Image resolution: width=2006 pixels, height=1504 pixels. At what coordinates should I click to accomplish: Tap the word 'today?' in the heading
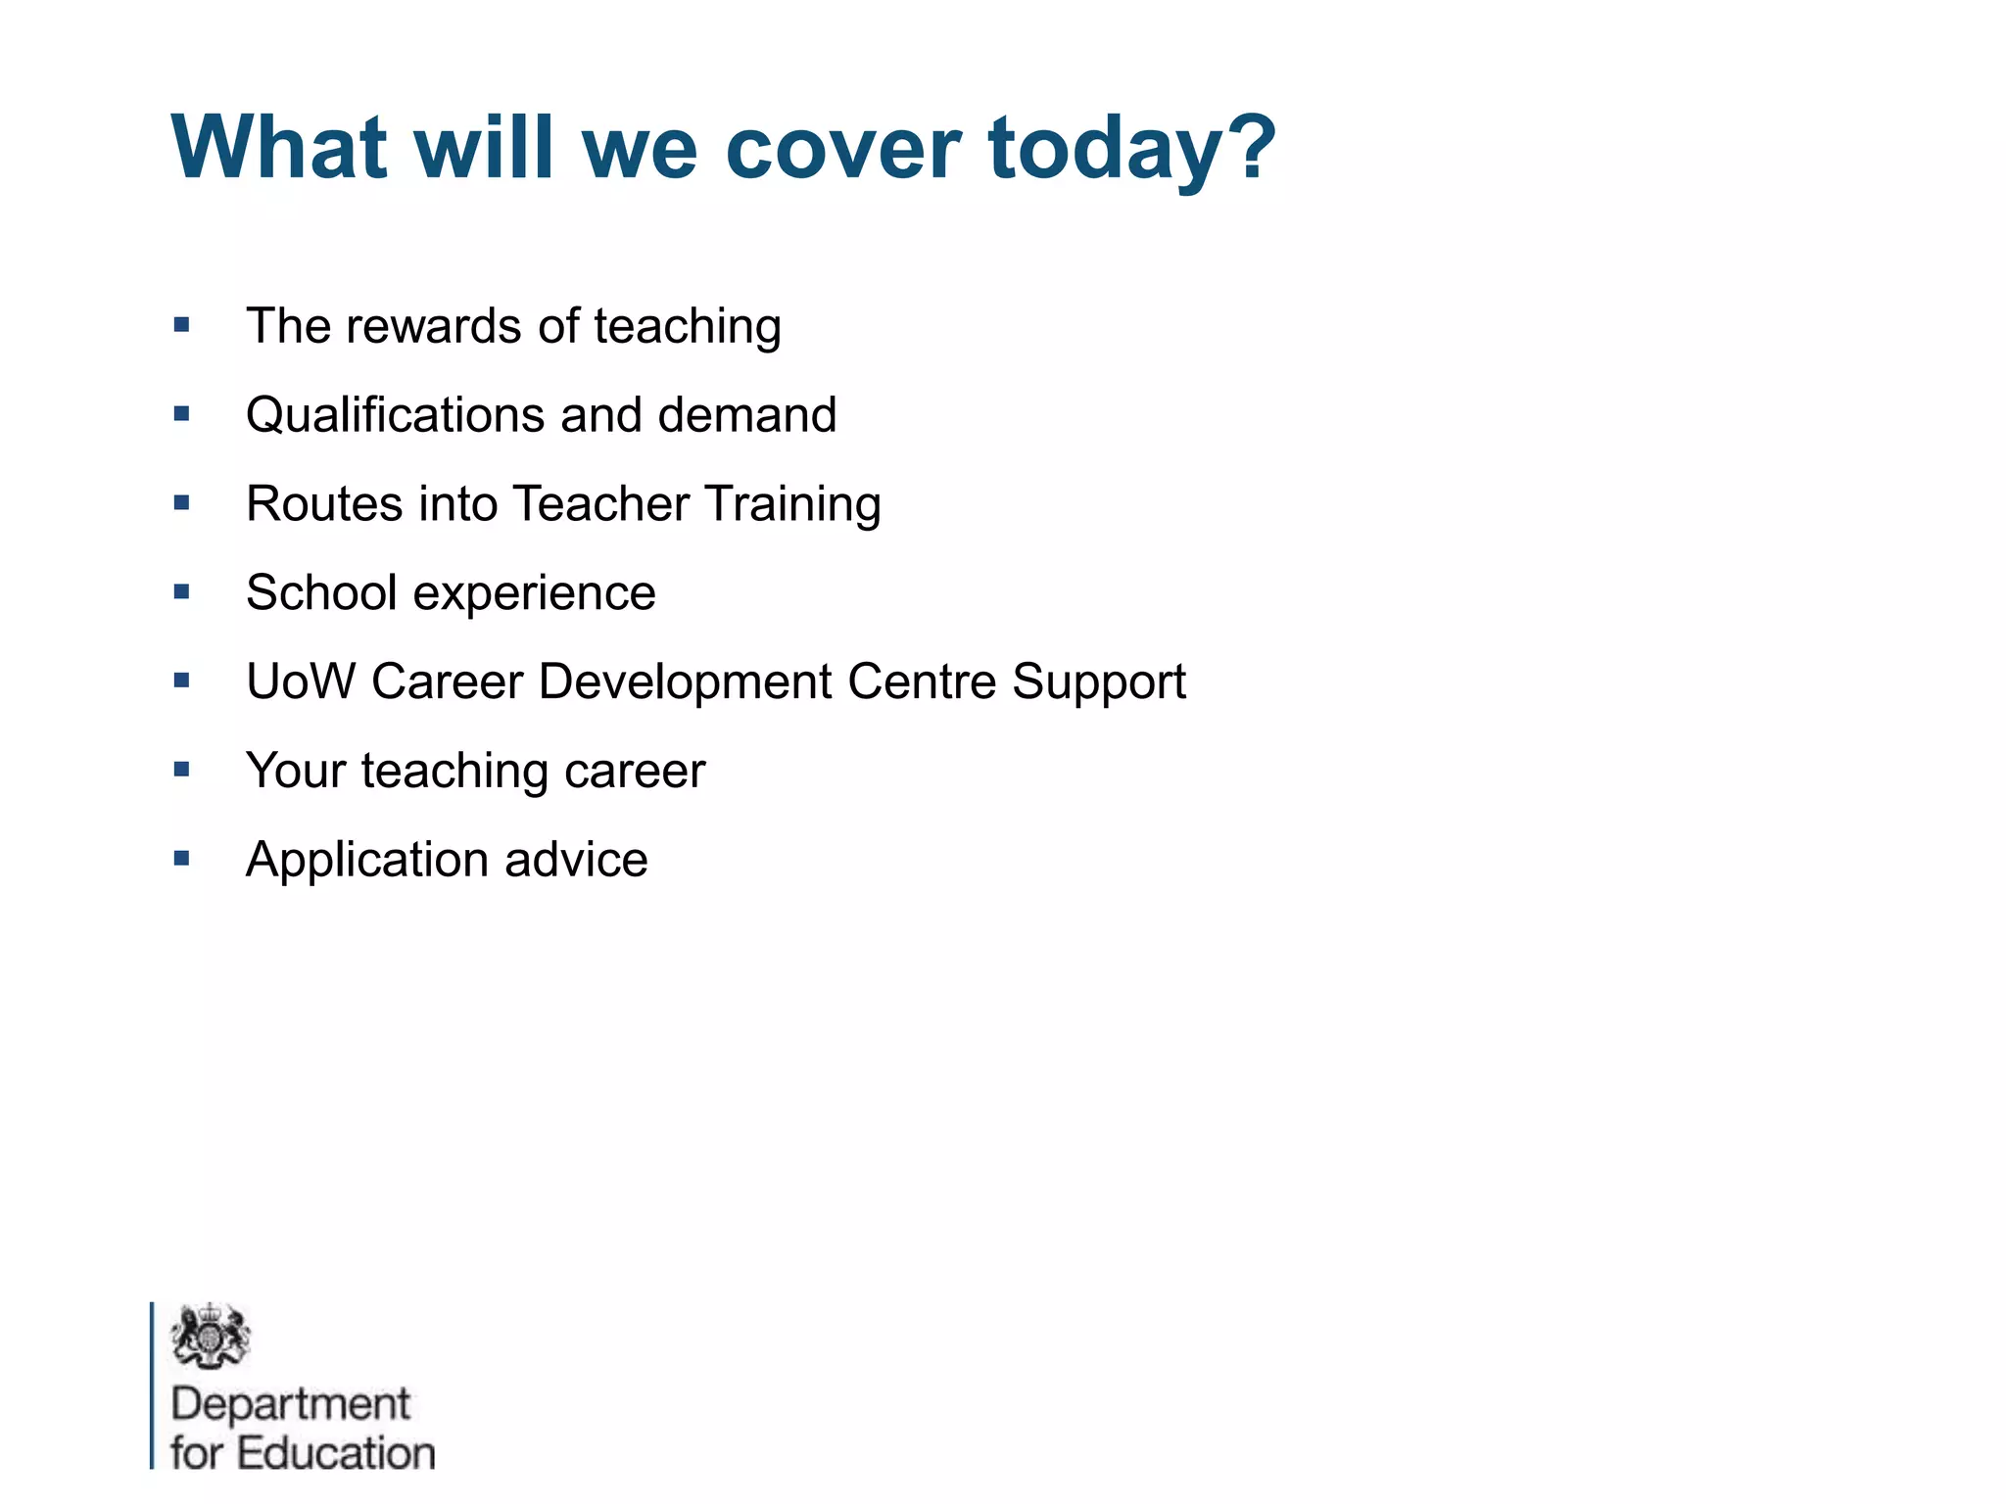[1131, 149]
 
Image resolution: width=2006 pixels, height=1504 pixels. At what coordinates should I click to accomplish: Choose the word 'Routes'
[323, 504]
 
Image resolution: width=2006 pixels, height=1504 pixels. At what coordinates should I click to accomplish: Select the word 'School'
[321, 592]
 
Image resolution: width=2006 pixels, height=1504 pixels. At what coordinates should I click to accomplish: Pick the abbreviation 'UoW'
[300, 681]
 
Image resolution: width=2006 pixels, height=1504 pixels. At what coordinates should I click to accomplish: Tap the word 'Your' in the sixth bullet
[296, 771]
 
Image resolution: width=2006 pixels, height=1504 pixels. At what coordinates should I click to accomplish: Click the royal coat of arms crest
[210, 1336]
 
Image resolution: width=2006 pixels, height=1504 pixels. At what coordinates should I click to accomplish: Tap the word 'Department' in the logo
[290, 1404]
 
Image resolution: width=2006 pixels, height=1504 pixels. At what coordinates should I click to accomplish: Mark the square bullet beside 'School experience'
[182, 591]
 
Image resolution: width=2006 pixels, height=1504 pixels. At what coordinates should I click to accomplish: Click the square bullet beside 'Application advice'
[182, 859]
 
